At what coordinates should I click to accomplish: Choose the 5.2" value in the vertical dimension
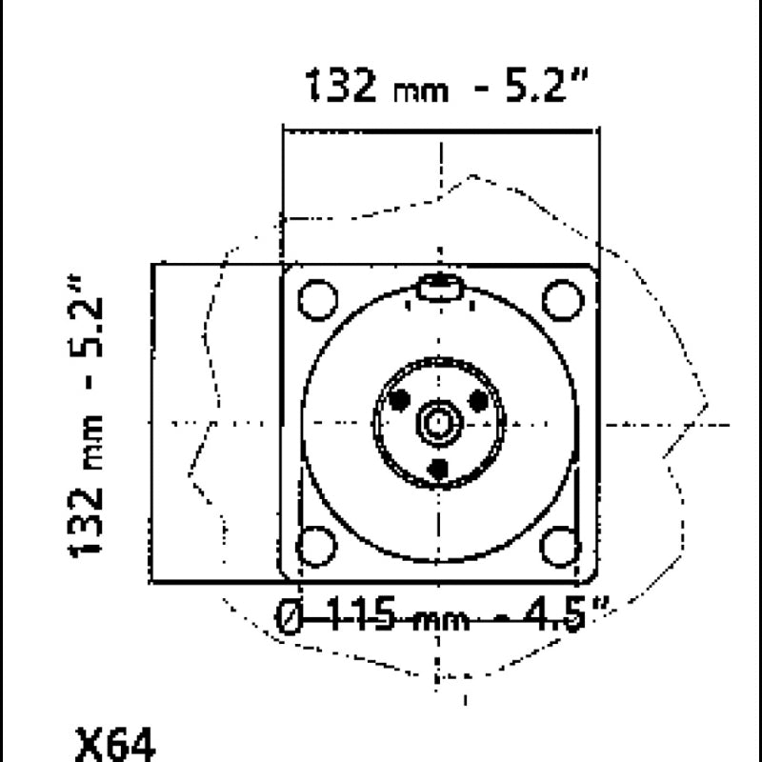(87, 319)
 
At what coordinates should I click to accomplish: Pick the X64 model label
(113, 742)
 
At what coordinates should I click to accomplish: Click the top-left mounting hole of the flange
(317, 300)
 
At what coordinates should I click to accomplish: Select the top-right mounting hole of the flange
(562, 299)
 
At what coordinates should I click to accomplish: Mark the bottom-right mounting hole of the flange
(559, 547)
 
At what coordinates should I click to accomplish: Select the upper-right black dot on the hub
(479, 401)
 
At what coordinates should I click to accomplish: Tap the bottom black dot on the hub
(438, 468)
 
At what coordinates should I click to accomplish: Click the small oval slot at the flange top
(439, 287)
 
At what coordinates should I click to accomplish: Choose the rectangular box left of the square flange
(216, 423)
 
